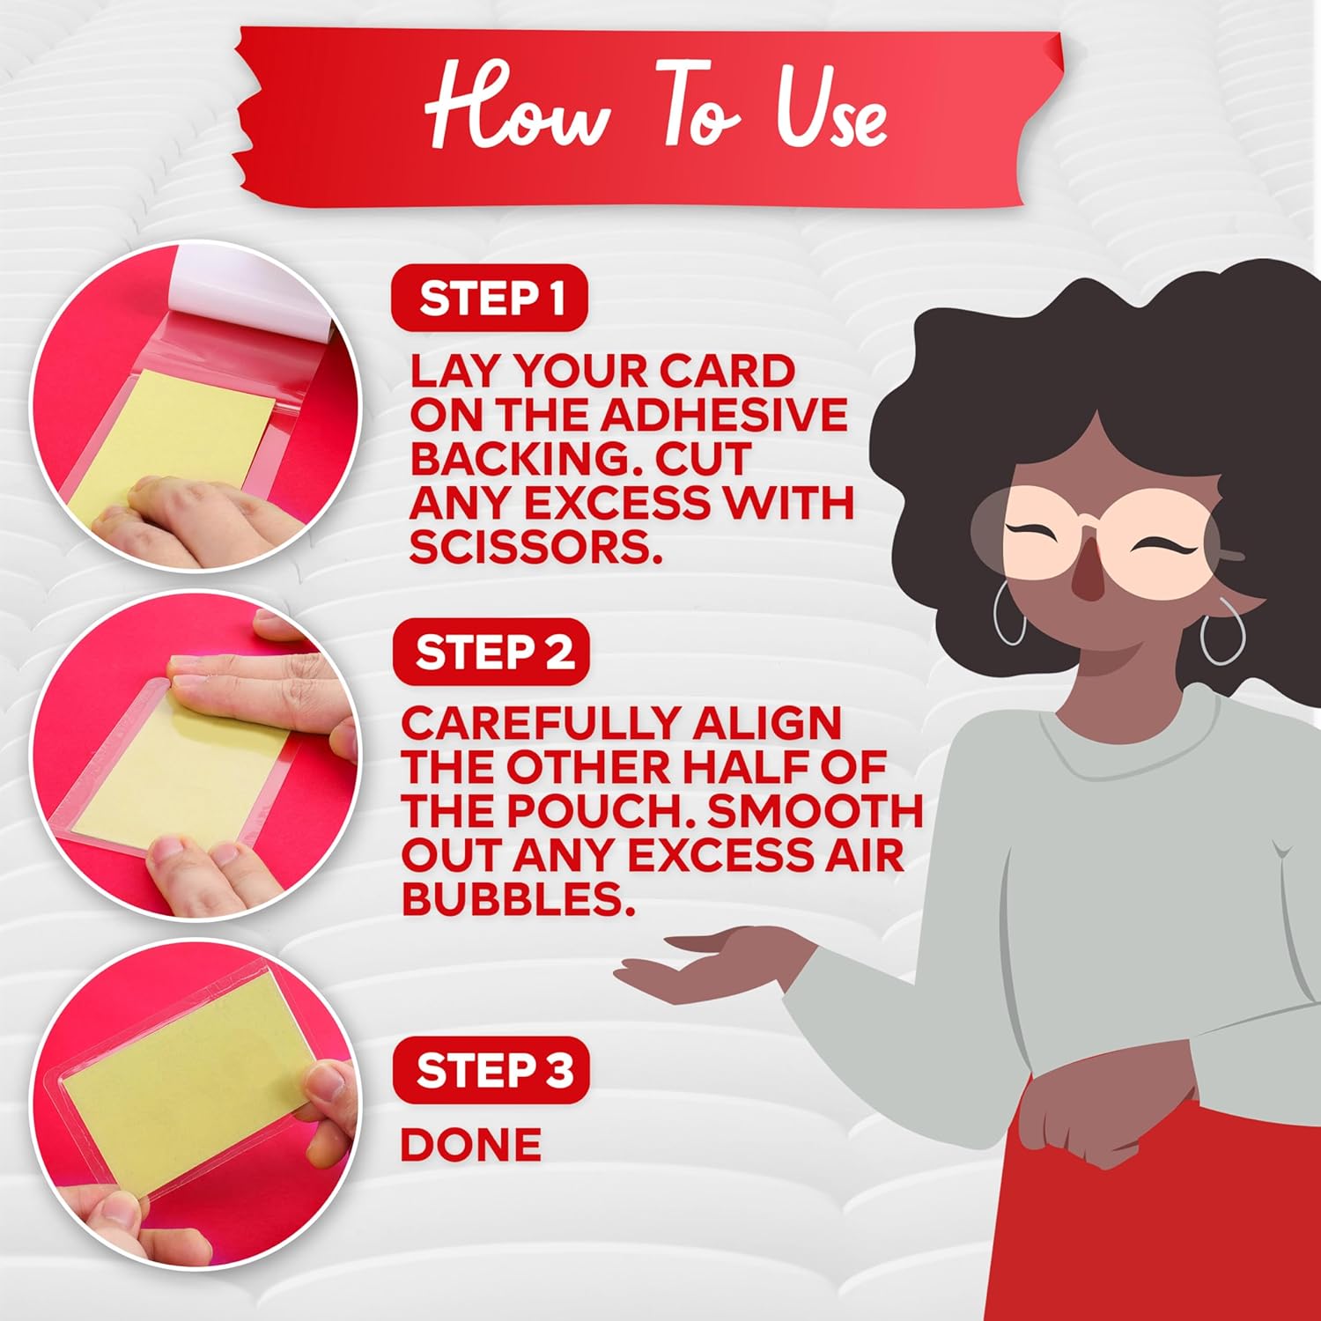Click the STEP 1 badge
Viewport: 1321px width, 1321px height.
point(489,298)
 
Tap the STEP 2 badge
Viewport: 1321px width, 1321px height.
point(491,653)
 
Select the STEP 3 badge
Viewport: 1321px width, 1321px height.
point(491,1070)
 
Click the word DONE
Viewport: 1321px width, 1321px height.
point(471,1145)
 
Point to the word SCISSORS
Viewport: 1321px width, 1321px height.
point(535,547)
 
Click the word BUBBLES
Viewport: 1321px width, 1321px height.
point(518,899)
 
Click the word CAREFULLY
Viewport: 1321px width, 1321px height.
point(535,724)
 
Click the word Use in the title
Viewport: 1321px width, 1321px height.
point(830,114)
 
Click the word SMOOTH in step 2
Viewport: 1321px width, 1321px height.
point(815,811)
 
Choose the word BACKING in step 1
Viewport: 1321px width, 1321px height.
point(519,459)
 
